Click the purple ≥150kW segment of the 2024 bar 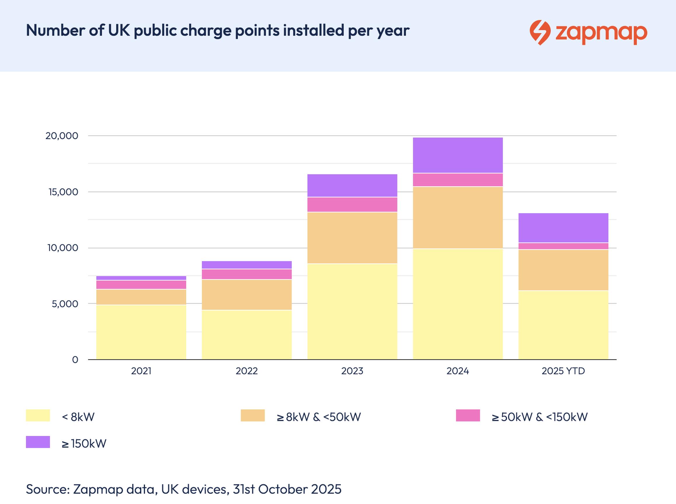point(458,155)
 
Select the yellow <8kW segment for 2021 point(141,332)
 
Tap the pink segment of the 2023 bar point(352,204)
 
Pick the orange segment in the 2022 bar point(247,295)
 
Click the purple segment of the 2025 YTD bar point(563,228)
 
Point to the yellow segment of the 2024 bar point(458,304)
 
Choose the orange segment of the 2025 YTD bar point(563,270)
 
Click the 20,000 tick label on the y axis point(62,136)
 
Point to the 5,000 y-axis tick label point(65,304)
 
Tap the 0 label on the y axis point(75,360)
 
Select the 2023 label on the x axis point(352,371)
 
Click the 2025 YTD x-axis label point(563,371)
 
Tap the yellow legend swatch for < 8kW point(38,416)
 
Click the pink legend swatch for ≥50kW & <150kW point(468,416)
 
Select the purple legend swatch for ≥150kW point(38,442)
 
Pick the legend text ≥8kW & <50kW point(319,417)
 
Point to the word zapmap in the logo point(601,33)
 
